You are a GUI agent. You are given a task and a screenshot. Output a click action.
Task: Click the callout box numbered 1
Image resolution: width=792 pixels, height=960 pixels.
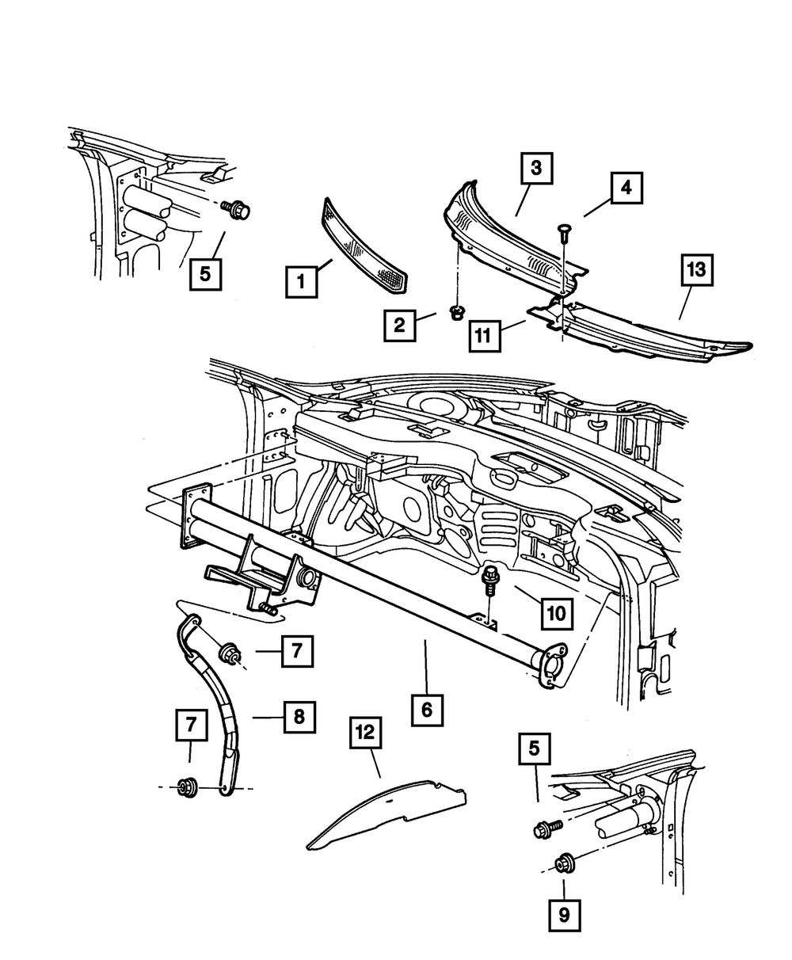(301, 281)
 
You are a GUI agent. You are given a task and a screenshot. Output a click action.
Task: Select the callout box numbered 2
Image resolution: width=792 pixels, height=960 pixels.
(400, 325)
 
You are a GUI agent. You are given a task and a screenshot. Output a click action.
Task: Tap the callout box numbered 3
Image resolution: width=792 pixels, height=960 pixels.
(536, 168)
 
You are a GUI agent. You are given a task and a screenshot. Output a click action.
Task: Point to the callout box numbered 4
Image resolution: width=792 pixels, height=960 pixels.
(626, 189)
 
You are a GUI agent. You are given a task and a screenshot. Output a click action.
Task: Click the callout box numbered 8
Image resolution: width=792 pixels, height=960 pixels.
(299, 717)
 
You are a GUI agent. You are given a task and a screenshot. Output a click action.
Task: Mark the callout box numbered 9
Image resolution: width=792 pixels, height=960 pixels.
(564, 916)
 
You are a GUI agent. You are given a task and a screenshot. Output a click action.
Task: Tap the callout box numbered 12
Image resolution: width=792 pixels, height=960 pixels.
(366, 734)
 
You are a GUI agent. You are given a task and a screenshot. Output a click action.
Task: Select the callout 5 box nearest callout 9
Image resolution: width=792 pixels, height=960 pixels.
(535, 749)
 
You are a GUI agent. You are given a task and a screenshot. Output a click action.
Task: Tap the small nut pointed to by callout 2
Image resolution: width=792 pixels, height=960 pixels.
(455, 313)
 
